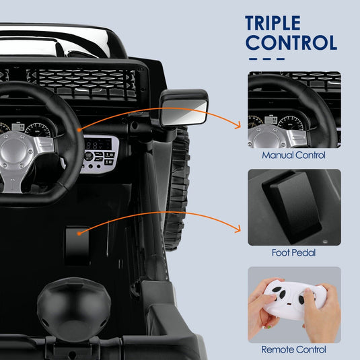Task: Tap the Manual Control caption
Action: pos(293,155)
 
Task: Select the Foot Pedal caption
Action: pos(294,253)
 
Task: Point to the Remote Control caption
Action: pos(293,350)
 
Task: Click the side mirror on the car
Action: pos(184,108)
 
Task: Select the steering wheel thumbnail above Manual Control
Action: pos(294,110)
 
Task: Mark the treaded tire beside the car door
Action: pos(176,188)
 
